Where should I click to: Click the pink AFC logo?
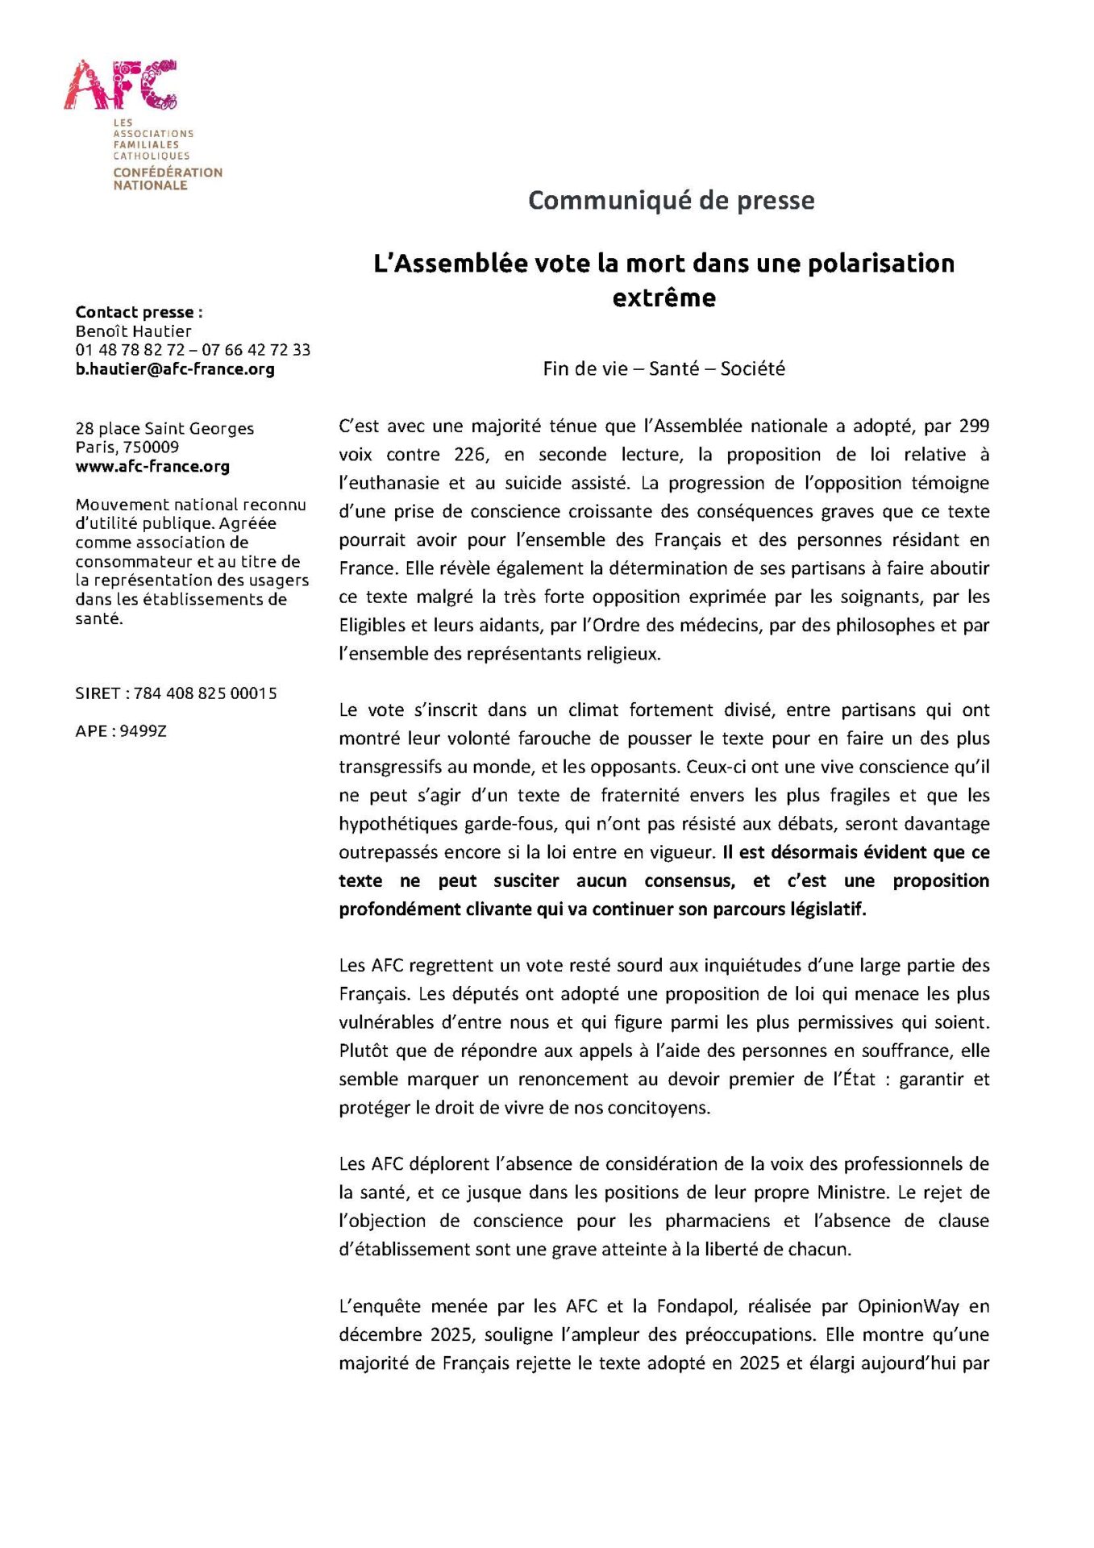pos(121,85)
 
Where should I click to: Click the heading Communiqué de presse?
pos(671,200)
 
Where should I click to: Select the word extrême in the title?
pos(663,298)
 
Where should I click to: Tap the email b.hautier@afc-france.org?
pos(175,369)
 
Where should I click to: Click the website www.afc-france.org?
pos(152,466)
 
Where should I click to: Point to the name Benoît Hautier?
pos(134,331)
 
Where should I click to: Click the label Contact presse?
pos(139,312)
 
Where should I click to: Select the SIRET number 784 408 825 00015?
pos(205,693)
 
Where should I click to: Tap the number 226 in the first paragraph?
pos(470,455)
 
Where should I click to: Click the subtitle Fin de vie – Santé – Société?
pos(663,368)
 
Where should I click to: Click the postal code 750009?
pos(151,447)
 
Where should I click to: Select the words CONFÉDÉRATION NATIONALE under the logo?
pos(168,179)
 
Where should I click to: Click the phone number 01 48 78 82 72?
pos(130,350)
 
